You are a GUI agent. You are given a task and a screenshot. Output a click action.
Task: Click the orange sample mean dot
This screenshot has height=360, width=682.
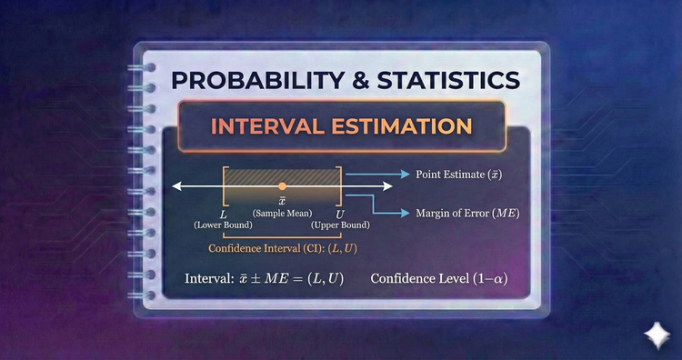coord(282,185)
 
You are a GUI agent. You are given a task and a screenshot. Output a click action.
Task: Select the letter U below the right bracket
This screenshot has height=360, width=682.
coord(338,211)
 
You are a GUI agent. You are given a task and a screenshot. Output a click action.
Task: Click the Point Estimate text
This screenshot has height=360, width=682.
coord(459,174)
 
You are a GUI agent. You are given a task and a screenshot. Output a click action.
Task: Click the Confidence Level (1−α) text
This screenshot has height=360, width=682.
coord(437,277)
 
